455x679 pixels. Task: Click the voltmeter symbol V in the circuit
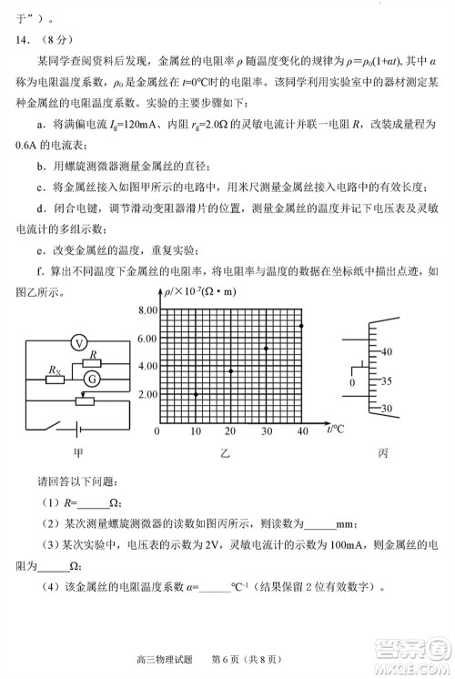[79, 342]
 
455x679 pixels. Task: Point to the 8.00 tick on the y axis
[147, 311]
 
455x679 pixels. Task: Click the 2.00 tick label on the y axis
[147, 394]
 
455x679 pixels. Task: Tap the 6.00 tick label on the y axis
[147, 339]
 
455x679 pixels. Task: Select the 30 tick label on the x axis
[267, 431]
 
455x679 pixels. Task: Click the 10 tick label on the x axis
[195, 431]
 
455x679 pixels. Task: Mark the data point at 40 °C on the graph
[301, 325]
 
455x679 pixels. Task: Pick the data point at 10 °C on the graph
[196, 393]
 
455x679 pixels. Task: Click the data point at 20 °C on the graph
[231, 371]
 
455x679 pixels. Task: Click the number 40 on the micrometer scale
[385, 350]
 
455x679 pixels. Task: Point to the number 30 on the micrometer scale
[385, 410]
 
